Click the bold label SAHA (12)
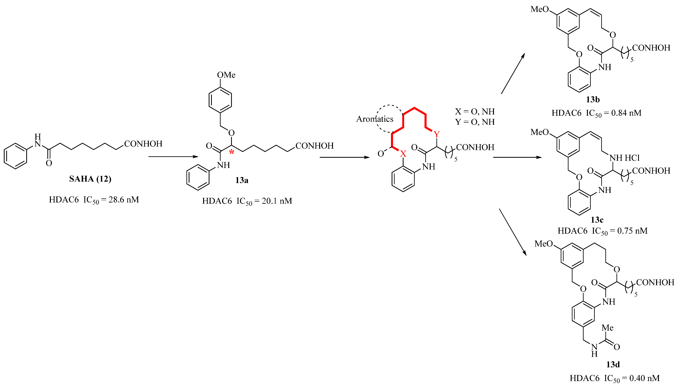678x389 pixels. point(90,179)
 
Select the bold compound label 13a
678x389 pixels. point(242,180)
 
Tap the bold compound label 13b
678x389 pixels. point(593,100)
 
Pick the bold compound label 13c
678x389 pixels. point(597,220)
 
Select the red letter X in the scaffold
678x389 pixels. point(403,154)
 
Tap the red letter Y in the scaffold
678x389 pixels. point(436,134)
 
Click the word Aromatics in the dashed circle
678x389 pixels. point(375,119)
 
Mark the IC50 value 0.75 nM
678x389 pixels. point(632,231)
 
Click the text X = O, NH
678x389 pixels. point(475,111)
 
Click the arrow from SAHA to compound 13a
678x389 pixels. point(173,157)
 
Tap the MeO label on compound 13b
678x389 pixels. point(539,9)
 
